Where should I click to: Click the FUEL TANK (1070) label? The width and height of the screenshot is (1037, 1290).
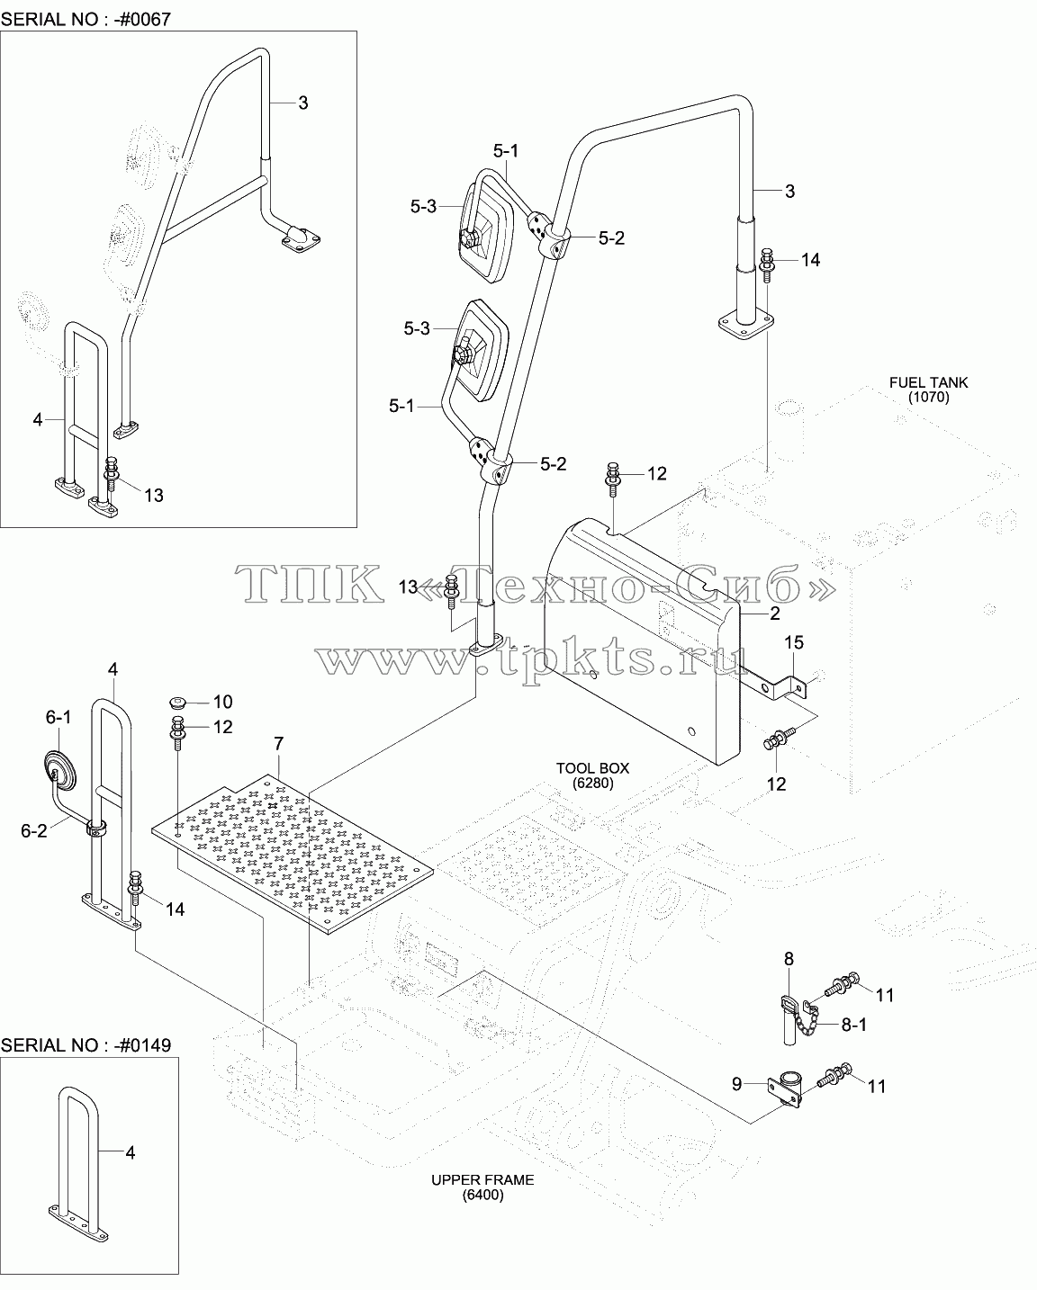click(x=928, y=390)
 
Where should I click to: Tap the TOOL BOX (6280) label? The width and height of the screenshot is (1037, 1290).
click(x=592, y=775)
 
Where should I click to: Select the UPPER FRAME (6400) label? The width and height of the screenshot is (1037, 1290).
click(x=482, y=1187)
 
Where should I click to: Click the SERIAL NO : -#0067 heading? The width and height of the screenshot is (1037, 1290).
click(x=86, y=19)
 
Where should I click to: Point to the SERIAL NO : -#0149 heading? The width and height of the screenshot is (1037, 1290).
click(x=86, y=1045)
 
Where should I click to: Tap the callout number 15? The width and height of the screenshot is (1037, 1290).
click(x=793, y=642)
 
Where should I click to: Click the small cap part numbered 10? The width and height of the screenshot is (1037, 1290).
click(x=177, y=702)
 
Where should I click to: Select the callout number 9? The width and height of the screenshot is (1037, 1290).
click(x=736, y=1084)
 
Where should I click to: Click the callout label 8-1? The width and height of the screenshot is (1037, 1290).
click(x=854, y=1025)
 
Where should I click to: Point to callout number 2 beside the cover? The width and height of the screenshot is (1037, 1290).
click(x=775, y=614)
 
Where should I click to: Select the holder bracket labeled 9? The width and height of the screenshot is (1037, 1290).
click(x=785, y=1089)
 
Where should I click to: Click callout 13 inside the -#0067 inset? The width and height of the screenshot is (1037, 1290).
click(x=154, y=495)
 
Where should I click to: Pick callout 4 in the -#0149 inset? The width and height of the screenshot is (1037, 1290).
click(x=131, y=1152)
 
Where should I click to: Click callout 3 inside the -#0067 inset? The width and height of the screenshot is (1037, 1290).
click(x=302, y=103)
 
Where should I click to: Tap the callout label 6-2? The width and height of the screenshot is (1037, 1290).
click(x=33, y=831)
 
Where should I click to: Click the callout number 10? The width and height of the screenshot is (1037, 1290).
click(x=222, y=702)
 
